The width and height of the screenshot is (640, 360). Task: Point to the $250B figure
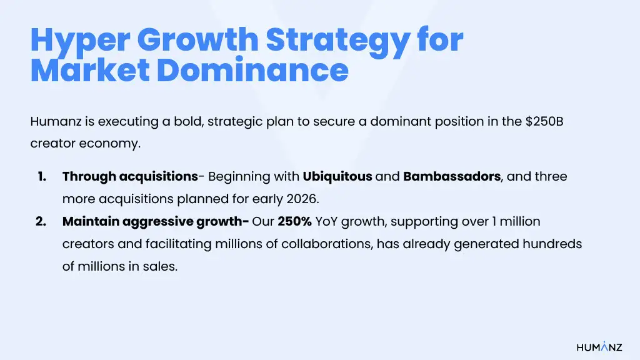point(544,121)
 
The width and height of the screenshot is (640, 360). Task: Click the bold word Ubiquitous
point(337,176)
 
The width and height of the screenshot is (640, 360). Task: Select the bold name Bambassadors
point(452,176)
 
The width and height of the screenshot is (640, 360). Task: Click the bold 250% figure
point(293,221)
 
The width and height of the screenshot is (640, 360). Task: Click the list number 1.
point(42,176)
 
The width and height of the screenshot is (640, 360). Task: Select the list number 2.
point(42,221)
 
